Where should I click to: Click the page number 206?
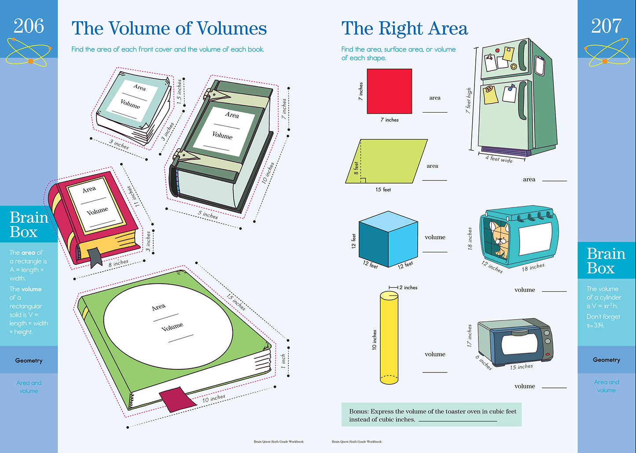click(x=29, y=26)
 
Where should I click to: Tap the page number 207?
click(x=606, y=26)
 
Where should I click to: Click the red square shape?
click(x=390, y=91)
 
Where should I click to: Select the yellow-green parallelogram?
click(x=386, y=161)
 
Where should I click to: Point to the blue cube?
click(x=387, y=239)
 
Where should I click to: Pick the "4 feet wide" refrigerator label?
click(x=499, y=158)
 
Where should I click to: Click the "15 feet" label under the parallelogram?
click(x=383, y=190)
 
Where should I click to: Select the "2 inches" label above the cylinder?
click(x=408, y=287)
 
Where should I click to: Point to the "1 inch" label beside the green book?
click(x=283, y=361)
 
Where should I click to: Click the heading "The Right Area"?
click(x=404, y=29)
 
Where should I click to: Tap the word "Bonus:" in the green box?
click(x=358, y=412)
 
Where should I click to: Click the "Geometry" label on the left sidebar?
click(x=29, y=361)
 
